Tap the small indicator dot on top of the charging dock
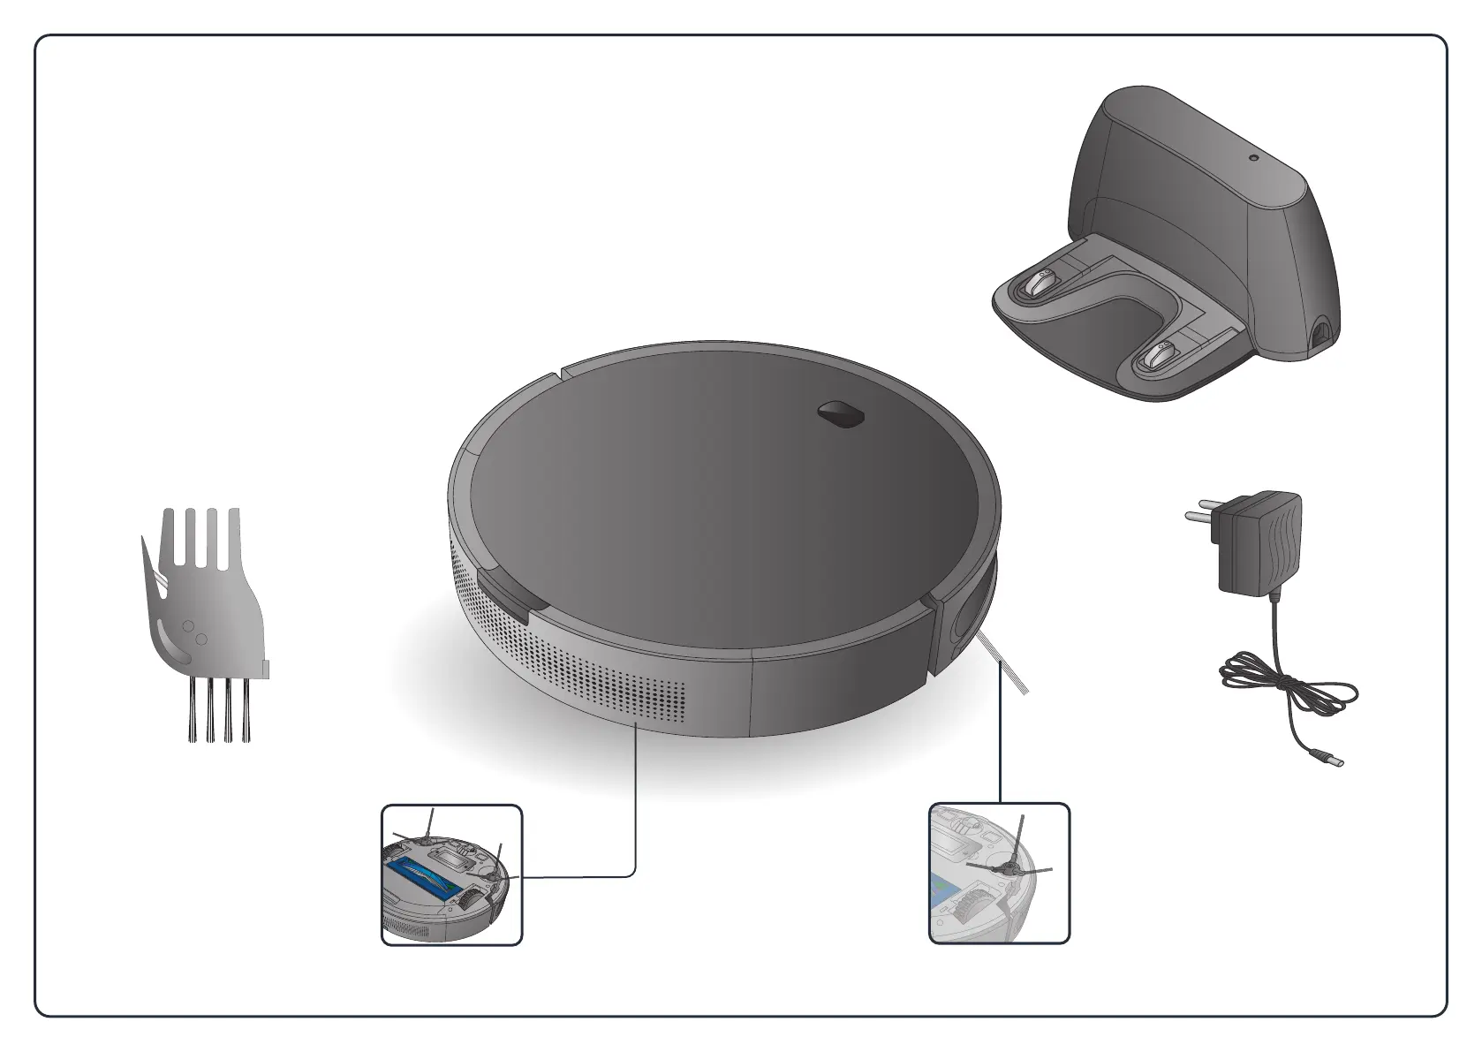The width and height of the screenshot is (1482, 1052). tap(1252, 159)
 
